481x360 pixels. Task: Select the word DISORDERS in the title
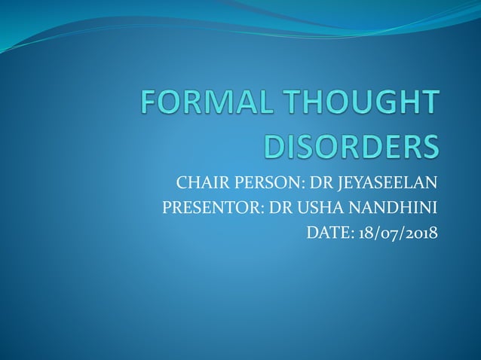pos(350,146)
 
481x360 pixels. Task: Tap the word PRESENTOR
pos(206,208)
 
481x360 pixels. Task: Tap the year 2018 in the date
pos(421,233)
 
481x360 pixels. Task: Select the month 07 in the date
pos(390,233)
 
